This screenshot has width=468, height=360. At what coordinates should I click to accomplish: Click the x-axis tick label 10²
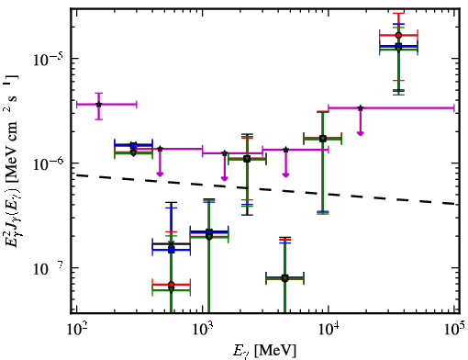point(76,329)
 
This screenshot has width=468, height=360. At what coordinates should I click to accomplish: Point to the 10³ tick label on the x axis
point(203,329)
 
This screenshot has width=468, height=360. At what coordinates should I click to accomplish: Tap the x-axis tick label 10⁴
point(329,329)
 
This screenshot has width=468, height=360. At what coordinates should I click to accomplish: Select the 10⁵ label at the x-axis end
point(455,329)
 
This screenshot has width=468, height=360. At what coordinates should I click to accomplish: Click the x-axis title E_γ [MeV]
point(264,350)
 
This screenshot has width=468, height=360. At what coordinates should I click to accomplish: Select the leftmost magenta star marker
point(98,105)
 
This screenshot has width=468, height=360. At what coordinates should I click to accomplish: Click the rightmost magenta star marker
point(361,108)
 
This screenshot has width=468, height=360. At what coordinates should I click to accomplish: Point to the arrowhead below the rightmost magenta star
point(361,133)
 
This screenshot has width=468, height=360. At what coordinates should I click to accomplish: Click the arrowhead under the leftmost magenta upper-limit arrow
point(160,174)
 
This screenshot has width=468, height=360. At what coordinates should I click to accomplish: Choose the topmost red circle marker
point(398,35)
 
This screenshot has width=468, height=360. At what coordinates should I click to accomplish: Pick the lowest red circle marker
point(172,285)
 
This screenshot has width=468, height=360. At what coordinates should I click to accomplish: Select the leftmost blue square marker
point(133,145)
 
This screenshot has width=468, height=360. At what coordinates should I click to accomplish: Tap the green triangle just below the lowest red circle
point(172,289)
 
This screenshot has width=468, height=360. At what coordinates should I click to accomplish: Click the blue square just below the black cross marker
point(172,250)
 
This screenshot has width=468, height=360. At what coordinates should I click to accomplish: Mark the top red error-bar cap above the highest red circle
point(398,13)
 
